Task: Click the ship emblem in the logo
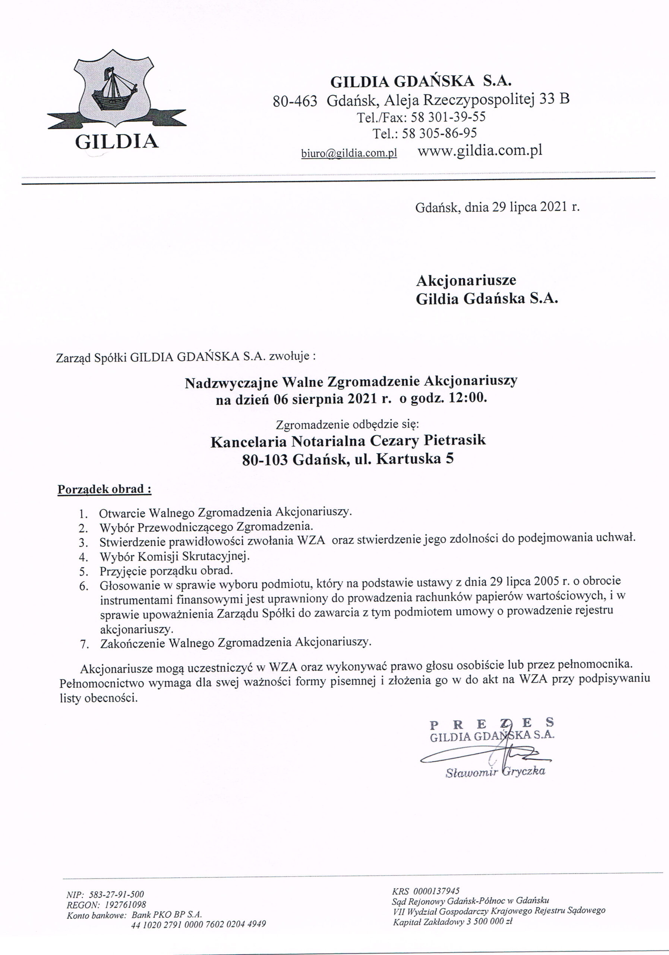(113, 90)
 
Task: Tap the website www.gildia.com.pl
(480, 150)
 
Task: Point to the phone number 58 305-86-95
(441, 133)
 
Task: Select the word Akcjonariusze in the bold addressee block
(466, 280)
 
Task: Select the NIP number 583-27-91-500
(116, 894)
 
